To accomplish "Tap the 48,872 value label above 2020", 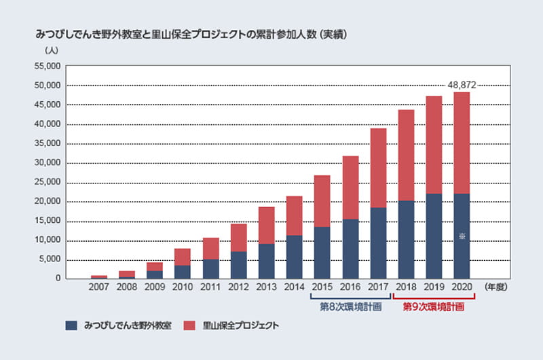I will pos(462,85).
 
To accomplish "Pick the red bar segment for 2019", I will pos(434,145).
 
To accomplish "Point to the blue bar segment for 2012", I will pos(238,265).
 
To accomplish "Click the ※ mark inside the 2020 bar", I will pos(462,236).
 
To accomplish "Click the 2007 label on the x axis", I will pos(99,288).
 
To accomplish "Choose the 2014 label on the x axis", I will pos(293,288).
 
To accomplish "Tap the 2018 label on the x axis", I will pos(406,288).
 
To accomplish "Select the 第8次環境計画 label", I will pos(350,306).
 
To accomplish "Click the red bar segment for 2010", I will pos(183,257).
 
